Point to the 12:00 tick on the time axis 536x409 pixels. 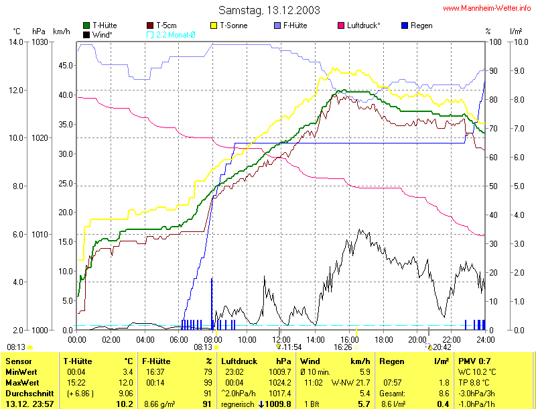(281, 339)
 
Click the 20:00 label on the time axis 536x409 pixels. (417, 339)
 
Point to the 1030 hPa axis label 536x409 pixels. (41, 42)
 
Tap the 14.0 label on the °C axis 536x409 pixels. (15, 42)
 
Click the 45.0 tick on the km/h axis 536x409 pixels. (65, 66)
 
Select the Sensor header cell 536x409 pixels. (17, 361)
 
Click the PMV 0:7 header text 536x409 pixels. (471, 361)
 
